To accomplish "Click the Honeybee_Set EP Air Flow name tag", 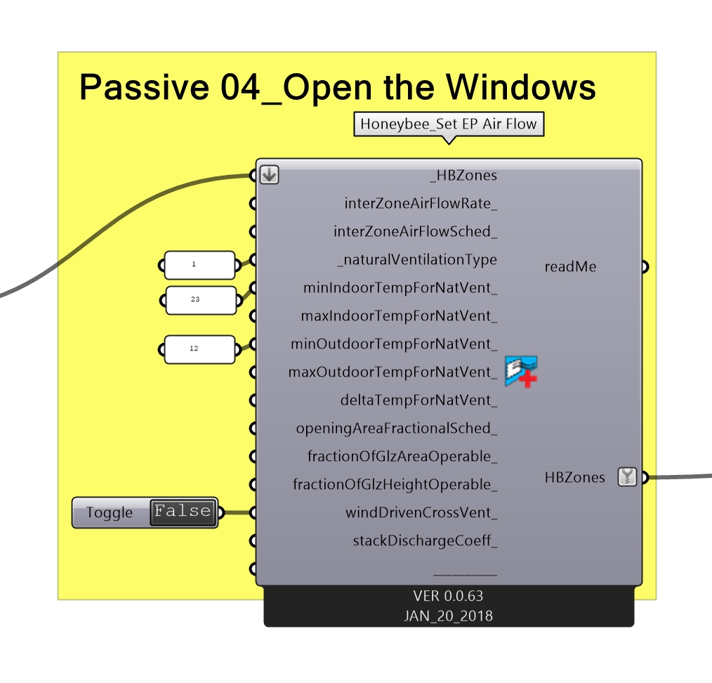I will tap(448, 125).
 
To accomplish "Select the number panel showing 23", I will tap(200, 299).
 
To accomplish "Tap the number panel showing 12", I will tap(200, 349).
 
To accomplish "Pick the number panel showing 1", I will tap(199, 265).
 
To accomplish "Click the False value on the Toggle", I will tap(183, 512).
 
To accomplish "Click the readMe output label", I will tap(570, 267).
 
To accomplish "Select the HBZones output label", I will tap(574, 478).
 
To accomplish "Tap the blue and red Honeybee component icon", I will tap(521, 372).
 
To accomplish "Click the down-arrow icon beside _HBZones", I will tap(269, 175).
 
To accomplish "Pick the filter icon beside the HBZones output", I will tap(626, 477).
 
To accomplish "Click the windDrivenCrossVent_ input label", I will tap(421, 513).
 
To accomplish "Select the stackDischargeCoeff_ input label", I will tap(425, 541).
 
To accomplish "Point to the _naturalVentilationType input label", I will tap(417, 260).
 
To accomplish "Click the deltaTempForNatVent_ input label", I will tap(418, 401).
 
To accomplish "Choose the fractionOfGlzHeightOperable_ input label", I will tap(395, 485).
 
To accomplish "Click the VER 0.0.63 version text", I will tap(448, 597).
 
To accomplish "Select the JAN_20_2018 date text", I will tap(448, 616).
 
